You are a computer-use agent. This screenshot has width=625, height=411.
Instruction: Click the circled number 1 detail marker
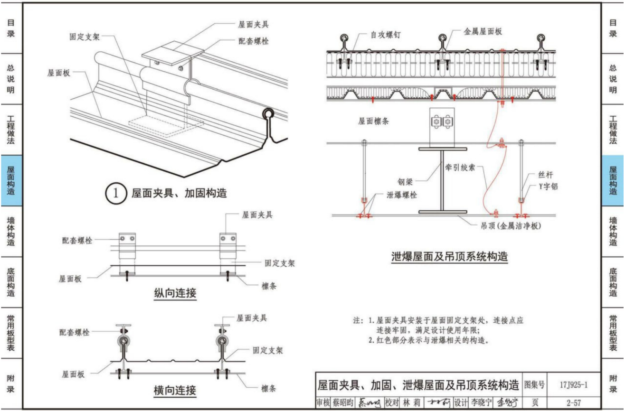(115, 194)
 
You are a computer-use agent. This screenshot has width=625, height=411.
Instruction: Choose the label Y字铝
(548, 187)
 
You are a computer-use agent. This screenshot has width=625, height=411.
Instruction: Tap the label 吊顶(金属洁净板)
(509, 226)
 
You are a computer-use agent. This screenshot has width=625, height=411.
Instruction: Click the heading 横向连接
(174, 391)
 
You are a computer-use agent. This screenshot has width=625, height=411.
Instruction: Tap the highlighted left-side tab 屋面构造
(10, 181)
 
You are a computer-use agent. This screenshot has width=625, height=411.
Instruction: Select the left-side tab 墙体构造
(10, 232)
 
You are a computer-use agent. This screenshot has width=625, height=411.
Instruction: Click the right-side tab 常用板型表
(613, 333)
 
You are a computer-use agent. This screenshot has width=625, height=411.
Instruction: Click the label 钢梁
(407, 182)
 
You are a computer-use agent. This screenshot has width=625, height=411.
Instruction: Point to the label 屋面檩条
(373, 121)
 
